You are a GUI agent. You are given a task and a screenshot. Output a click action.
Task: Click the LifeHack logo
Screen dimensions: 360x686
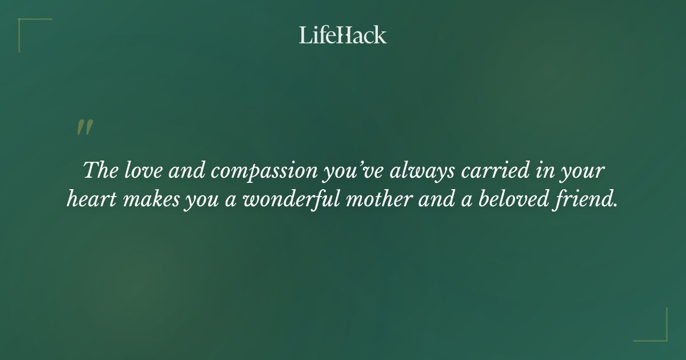[342, 35]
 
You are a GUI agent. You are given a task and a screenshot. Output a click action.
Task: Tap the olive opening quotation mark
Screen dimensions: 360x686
[85, 127]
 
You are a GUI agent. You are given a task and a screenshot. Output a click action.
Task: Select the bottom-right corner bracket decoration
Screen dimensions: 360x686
[658, 332]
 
